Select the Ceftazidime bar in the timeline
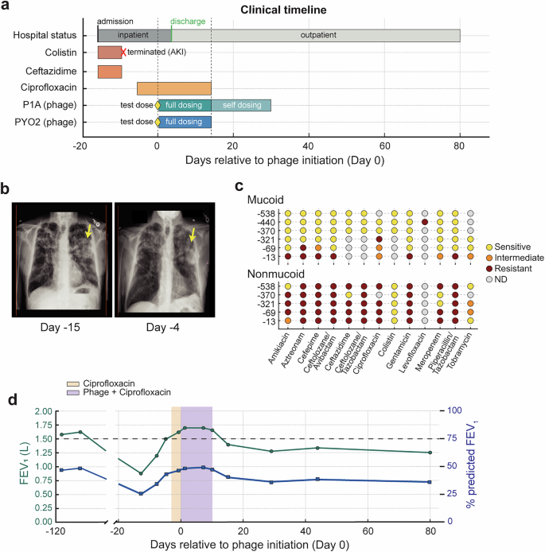click(x=110, y=71)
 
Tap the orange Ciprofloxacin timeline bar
click(x=173, y=88)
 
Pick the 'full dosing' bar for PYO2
click(x=185, y=122)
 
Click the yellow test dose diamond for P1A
click(x=158, y=105)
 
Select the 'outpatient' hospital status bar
click(x=316, y=36)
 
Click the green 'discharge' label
click(x=187, y=20)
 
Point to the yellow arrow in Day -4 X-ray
click(x=191, y=234)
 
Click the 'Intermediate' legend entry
click(x=512, y=259)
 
